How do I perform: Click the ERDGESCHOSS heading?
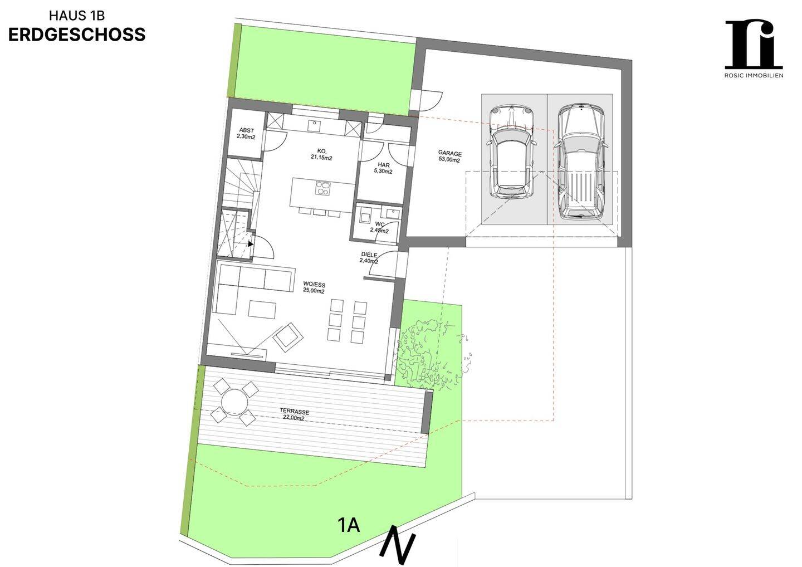(77, 35)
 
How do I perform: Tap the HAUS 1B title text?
(77, 16)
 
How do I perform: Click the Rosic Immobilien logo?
(754, 49)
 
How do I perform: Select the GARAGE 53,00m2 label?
(449, 157)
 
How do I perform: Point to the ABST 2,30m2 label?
(246, 133)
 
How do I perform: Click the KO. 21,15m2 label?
(321, 154)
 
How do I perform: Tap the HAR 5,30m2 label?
(383, 168)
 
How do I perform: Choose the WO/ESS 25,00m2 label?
(314, 288)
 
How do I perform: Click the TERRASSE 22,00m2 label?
(294, 415)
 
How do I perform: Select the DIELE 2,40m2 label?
(369, 257)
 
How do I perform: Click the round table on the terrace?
(234, 402)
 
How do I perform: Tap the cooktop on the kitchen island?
(323, 188)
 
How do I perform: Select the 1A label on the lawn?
(349, 525)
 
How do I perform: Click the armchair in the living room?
(288, 337)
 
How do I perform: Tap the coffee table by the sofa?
(262, 309)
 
